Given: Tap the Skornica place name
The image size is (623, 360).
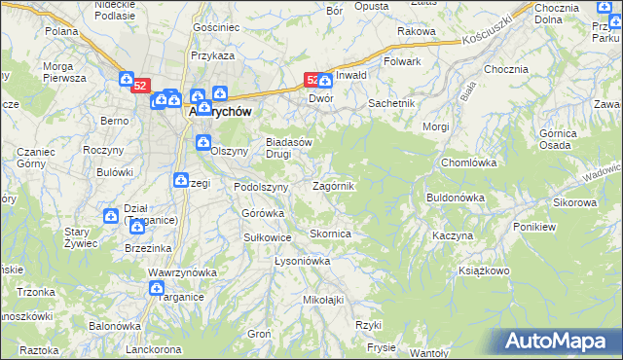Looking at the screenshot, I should [x=330, y=234].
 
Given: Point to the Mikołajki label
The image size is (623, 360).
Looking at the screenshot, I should [x=324, y=300].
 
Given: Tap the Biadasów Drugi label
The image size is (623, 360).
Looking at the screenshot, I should [x=289, y=147].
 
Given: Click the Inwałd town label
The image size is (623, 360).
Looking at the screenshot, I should [x=351, y=75].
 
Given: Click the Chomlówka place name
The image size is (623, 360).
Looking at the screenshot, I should [x=469, y=162].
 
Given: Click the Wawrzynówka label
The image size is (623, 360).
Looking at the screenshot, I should [x=180, y=272].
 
